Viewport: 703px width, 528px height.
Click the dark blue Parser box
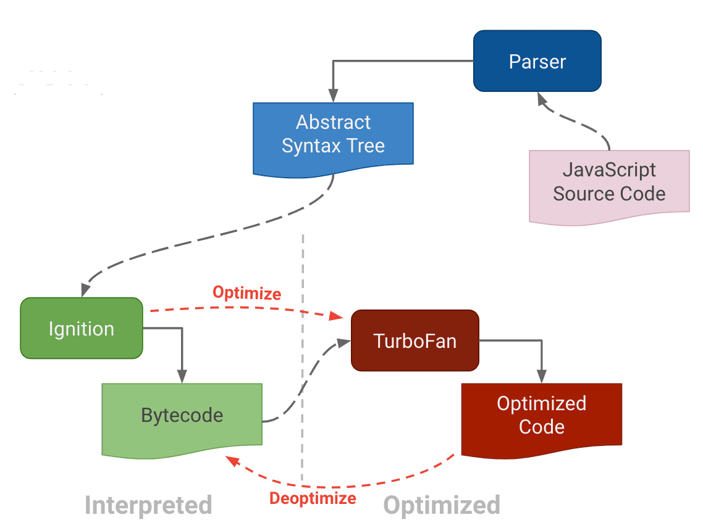tap(537, 62)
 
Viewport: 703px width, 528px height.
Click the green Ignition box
tap(82, 328)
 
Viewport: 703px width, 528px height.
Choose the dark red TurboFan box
tap(415, 340)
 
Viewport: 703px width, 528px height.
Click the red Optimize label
tap(246, 293)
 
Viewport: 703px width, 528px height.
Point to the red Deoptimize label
tap(313, 498)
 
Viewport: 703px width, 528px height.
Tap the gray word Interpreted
tap(148, 505)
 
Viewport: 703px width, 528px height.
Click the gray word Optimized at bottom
tap(441, 505)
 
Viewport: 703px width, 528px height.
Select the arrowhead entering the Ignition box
tap(85, 291)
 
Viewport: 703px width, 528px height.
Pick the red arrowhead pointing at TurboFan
tap(337, 316)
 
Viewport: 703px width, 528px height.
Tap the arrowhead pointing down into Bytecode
tap(182, 376)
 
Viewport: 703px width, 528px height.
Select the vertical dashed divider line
tap(303, 358)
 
